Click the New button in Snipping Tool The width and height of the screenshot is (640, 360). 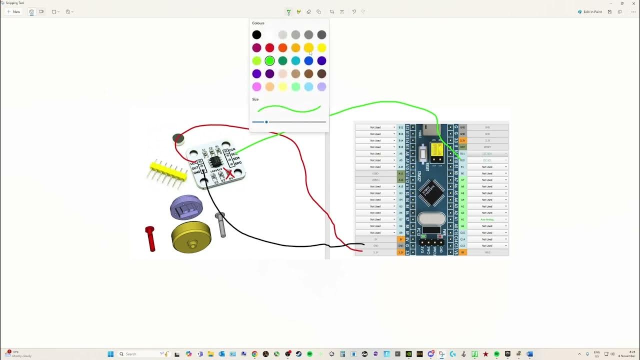13,11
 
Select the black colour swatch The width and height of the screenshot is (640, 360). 256,34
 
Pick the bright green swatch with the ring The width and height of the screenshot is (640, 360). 269,60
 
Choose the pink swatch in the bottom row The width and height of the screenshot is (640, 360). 256,86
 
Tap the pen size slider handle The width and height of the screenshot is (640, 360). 266,121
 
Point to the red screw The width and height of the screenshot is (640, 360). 150,238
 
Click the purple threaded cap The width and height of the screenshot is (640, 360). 186,207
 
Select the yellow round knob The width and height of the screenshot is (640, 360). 191,237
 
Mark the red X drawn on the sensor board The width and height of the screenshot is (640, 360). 229,173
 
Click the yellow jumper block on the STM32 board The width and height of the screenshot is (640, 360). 436,150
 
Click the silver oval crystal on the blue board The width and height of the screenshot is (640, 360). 431,219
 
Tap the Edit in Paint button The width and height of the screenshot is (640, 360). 590,11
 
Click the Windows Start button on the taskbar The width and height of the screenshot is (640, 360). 110,354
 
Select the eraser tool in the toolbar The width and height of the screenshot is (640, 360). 308,11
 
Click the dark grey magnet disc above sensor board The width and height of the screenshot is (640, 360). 178,138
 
